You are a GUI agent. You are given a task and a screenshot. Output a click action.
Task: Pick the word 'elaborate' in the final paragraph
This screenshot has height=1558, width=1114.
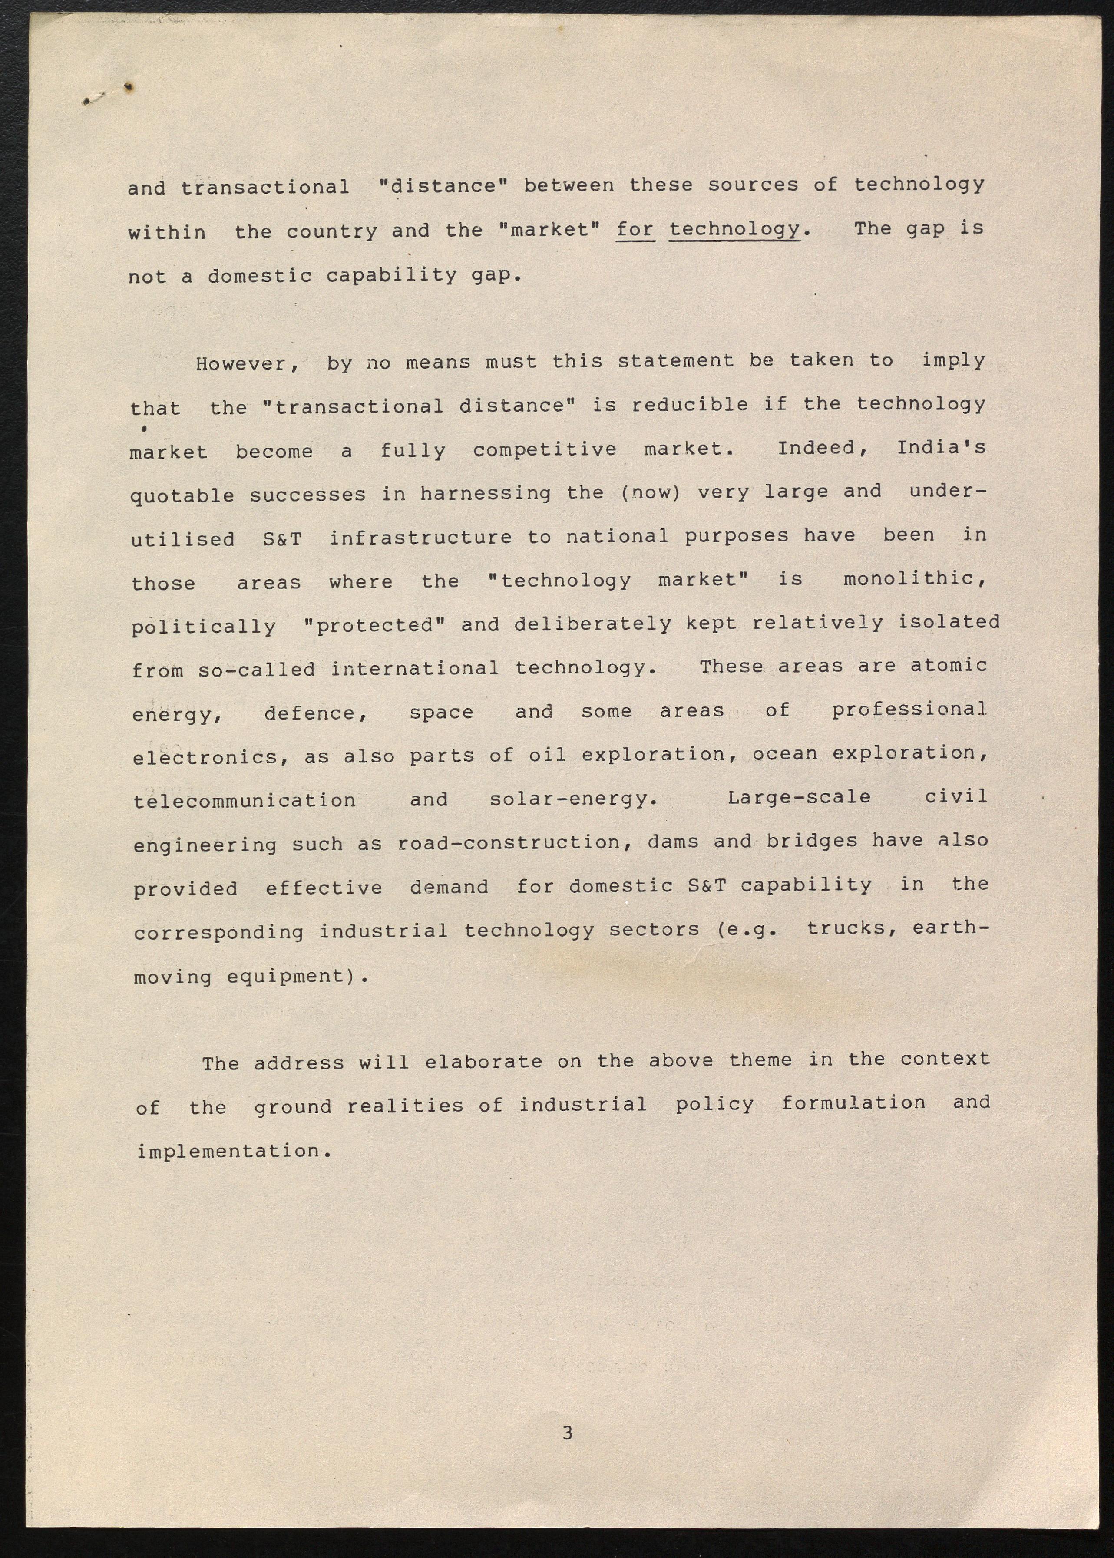tap(483, 1062)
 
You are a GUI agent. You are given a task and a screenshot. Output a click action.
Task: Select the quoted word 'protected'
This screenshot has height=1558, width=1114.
tap(374, 625)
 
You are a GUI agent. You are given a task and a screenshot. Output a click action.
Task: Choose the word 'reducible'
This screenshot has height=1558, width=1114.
tap(689, 405)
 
